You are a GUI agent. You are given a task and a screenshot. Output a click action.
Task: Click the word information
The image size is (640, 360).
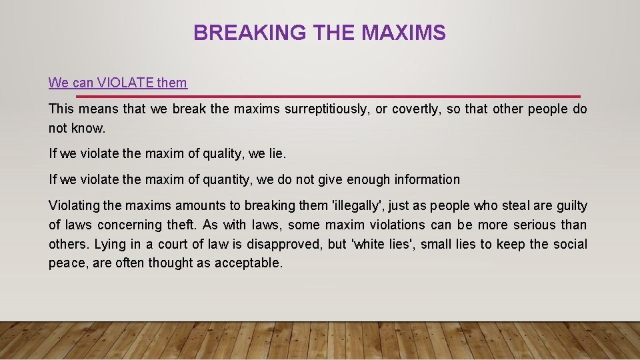tap(427, 179)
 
